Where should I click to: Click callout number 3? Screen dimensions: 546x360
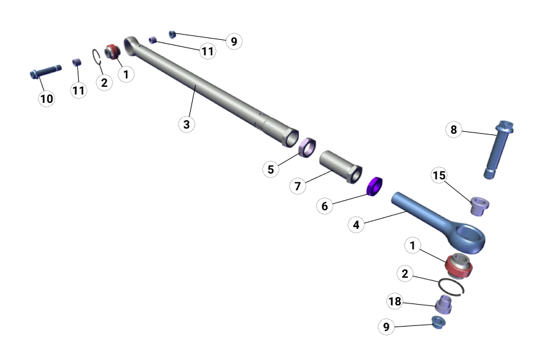pyautogui.click(x=187, y=124)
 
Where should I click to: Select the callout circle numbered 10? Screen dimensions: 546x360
pyautogui.click(x=47, y=98)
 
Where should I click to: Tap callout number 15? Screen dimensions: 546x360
pyautogui.click(x=439, y=175)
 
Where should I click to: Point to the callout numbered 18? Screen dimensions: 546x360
pyautogui.click(x=395, y=301)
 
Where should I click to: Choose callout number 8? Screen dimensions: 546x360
pyautogui.click(x=454, y=130)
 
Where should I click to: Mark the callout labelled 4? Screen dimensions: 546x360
pyautogui.click(x=357, y=224)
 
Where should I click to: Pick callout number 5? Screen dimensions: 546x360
pyautogui.click(x=270, y=169)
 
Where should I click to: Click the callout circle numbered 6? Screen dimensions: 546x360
pyautogui.click(x=324, y=206)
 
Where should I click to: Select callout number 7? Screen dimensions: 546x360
pyautogui.click(x=297, y=186)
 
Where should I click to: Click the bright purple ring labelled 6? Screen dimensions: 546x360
pyautogui.click(x=375, y=186)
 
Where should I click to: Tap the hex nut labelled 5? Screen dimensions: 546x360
pyautogui.click(x=308, y=147)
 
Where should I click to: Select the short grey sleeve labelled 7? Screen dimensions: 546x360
pyautogui.click(x=340, y=167)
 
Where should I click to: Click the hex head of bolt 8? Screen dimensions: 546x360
pyautogui.click(x=505, y=127)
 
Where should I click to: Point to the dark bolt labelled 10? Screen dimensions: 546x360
pyautogui.click(x=46, y=71)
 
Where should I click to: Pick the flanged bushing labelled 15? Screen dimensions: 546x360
pyautogui.click(x=479, y=206)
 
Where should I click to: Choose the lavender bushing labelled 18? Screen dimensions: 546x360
pyautogui.click(x=444, y=304)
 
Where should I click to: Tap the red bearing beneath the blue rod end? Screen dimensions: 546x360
pyautogui.click(x=459, y=266)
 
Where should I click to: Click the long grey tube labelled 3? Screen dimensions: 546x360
pyautogui.click(x=211, y=92)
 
